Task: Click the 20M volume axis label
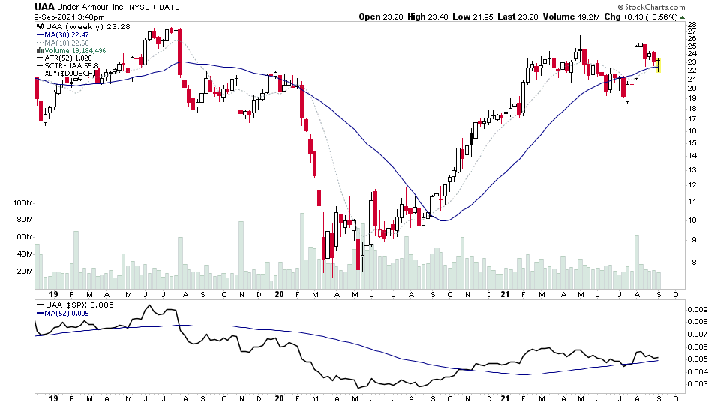pyautogui.click(x=22, y=271)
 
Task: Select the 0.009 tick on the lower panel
pyautogui.click(x=697, y=309)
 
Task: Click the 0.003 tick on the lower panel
pyautogui.click(x=697, y=384)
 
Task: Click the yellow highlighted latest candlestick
pyautogui.click(x=658, y=65)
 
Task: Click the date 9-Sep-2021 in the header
pyautogui.click(x=58, y=16)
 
